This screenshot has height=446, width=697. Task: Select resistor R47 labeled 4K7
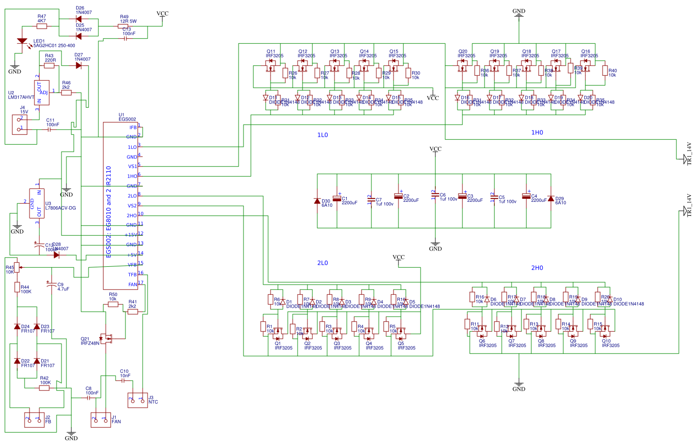tap(42, 26)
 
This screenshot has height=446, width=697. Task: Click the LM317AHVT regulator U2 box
tap(42, 93)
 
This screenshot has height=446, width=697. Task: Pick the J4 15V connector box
tap(20, 124)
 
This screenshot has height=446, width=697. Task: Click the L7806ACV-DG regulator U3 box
tap(37, 203)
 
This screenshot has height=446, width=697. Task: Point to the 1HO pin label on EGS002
tap(132, 176)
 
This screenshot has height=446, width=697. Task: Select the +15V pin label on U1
tap(130, 235)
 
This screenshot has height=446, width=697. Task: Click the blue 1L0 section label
tap(322, 135)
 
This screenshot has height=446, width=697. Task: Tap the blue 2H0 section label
tap(537, 268)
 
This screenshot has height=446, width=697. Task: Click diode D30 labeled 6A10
tap(317, 201)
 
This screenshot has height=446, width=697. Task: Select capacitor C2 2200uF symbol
tap(398, 196)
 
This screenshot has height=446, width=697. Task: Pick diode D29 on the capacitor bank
tap(550, 199)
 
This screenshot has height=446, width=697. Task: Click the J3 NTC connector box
tap(138, 400)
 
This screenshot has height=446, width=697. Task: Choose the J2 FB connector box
tap(34, 419)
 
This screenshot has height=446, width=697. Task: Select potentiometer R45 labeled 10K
tap(17, 267)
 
